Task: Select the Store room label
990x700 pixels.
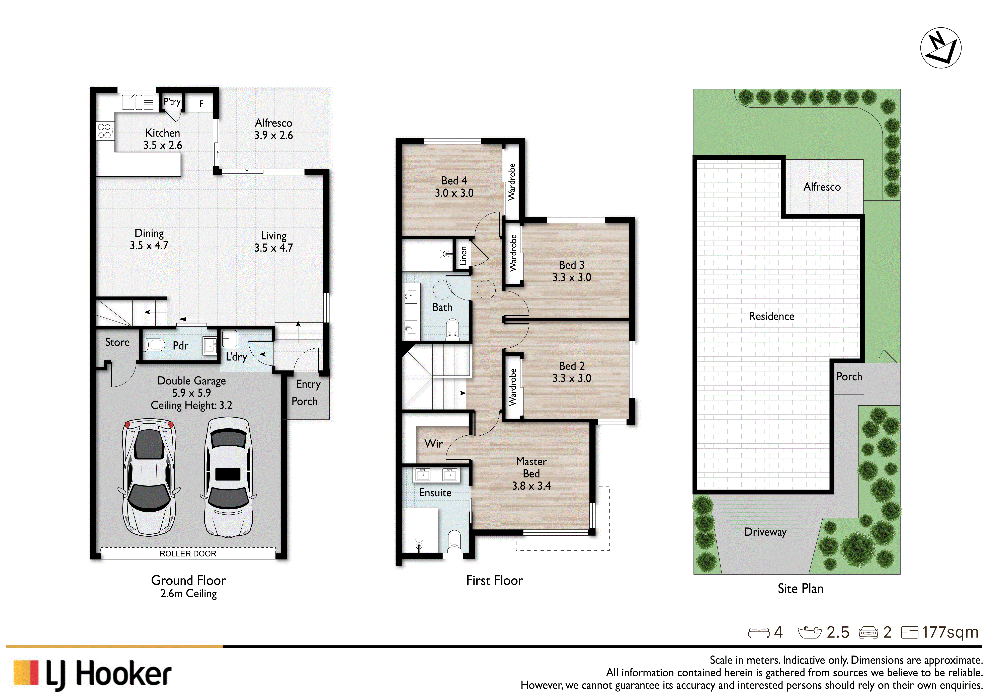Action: (117, 342)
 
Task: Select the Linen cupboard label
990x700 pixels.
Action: (463, 256)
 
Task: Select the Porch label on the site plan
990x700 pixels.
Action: (849, 377)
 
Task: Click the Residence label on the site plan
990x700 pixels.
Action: (771, 316)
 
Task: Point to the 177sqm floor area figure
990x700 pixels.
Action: (950, 632)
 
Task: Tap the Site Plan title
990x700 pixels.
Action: (800, 589)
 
